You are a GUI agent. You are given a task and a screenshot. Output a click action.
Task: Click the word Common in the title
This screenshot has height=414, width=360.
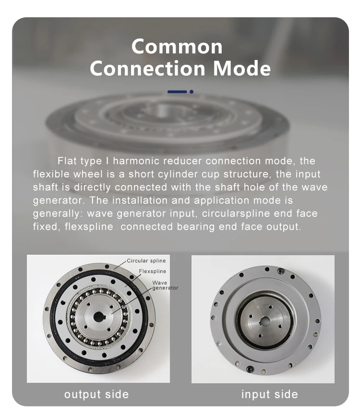tap(177, 47)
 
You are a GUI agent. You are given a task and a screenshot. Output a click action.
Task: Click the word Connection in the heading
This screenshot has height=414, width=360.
tap(149, 69)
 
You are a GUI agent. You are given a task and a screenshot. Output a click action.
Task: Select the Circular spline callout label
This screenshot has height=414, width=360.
tap(146, 261)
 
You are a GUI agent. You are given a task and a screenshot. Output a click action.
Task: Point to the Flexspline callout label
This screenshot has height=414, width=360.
tap(152, 272)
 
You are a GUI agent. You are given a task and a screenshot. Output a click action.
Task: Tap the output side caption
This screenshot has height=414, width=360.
tap(96, 394)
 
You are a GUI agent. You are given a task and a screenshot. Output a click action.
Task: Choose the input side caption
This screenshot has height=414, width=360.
tap(269, 394)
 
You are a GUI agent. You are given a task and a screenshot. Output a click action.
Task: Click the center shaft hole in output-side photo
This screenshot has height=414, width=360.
tap(99, 317)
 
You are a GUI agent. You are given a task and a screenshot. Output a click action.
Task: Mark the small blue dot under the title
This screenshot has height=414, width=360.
tap(192, 91)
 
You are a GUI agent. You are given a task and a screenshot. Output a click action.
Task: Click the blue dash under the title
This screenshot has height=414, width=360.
tap(177, 91)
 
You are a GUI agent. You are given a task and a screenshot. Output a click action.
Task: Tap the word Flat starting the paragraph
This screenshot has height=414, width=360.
tap(68, 161)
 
